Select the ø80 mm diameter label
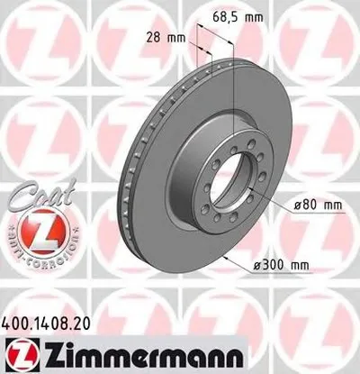click(x=319, y=205)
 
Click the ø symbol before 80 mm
click(x=298, y=205)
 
